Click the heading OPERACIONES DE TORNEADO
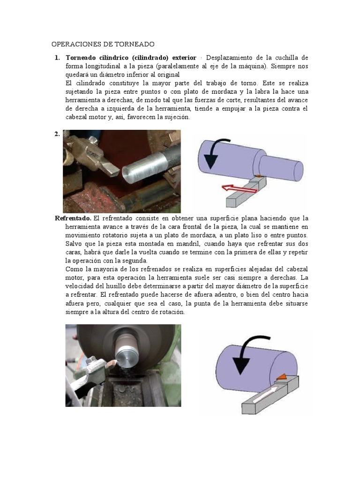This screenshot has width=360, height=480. [103, 45]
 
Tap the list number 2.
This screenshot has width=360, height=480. [57, 134]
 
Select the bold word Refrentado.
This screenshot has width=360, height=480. [73, 218]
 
